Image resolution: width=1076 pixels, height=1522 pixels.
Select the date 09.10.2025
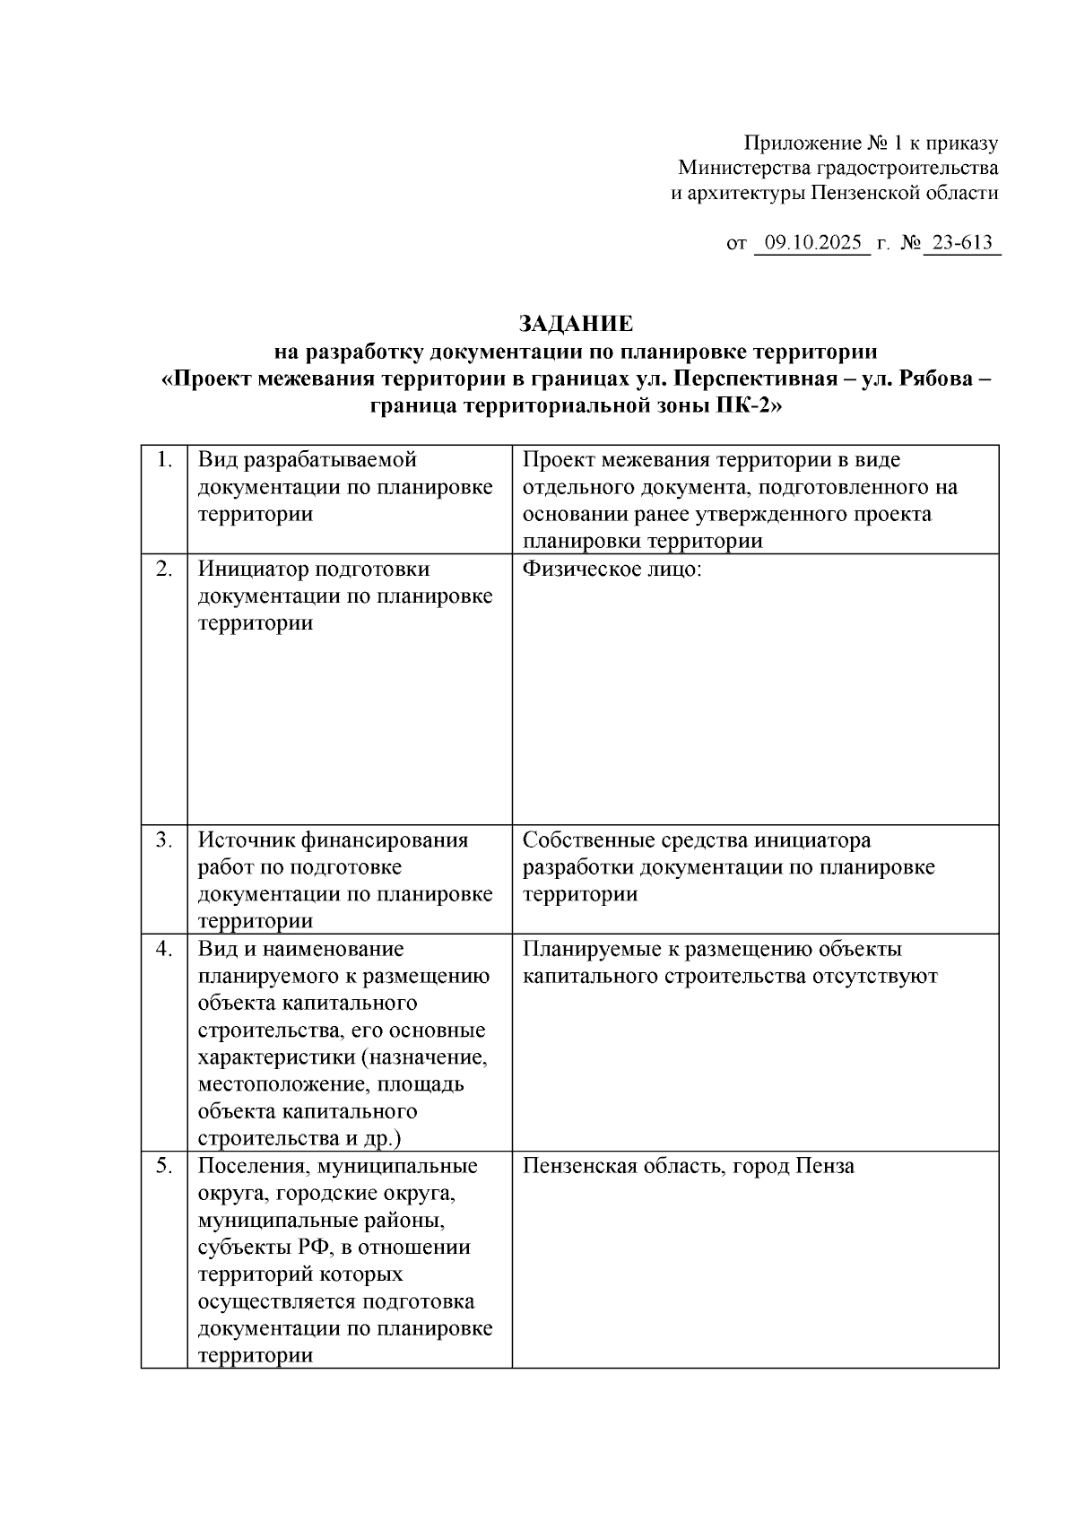point(812,243)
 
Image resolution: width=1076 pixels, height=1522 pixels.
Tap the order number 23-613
point(962,243)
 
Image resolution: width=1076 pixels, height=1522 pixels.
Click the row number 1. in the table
point(164,460)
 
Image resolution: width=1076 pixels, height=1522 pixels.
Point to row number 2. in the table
point(164,569)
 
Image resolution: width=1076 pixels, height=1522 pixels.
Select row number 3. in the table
point(164,840)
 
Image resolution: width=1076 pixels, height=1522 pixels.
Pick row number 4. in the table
point(164,949)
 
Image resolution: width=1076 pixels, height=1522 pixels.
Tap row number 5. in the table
point(164,1166)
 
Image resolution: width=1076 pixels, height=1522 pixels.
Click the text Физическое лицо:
point(612,570)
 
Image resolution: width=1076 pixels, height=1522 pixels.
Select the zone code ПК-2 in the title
point(743,405)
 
